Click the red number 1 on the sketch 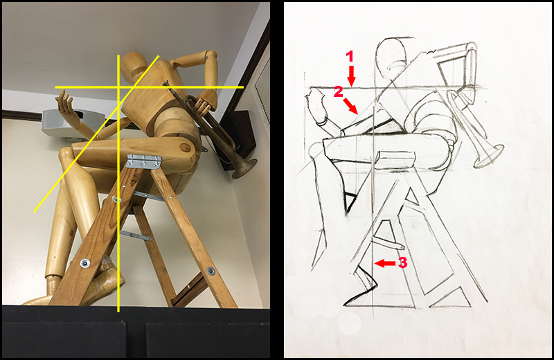pos(350,57)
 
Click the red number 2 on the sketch pos(339,92)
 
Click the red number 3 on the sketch pos(403,262)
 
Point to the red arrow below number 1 pos(352,75)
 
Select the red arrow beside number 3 pos(385,263)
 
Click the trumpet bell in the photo pos(244,168)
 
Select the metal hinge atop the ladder pos(144,161)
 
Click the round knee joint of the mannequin pos(184,147)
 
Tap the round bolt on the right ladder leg pos(211,271)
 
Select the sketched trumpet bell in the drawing pos(490,155)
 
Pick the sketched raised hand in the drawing pos(318,106)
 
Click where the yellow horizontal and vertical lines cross pos(118,87)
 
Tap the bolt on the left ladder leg pos(84,263)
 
